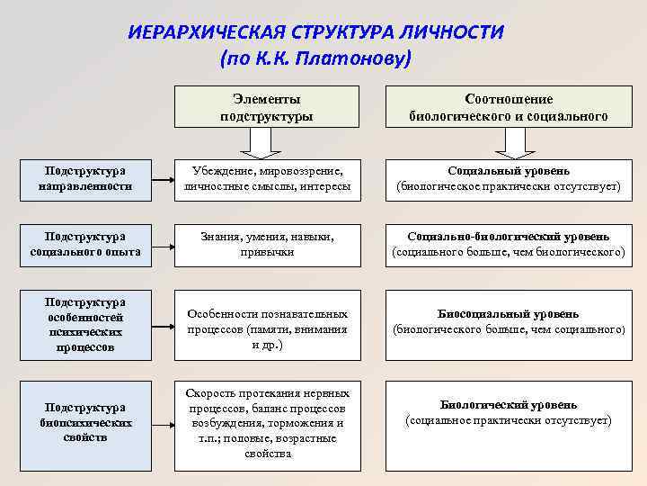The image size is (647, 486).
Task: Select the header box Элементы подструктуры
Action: point(266,107)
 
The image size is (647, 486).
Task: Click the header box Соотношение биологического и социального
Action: point(508,107)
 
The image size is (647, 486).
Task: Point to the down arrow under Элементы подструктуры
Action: point(266,142)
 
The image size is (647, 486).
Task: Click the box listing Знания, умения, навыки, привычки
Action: point(267,244)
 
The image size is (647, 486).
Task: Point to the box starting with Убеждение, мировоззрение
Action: point(267,178)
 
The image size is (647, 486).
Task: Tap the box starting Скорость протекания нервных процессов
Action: point(267,422)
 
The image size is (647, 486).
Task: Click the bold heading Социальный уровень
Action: point(509,171)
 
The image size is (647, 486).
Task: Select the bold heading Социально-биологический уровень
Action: point(509,237)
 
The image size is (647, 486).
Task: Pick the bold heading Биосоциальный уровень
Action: point(509,314)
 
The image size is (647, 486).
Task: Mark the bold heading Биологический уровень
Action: point(509,405)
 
